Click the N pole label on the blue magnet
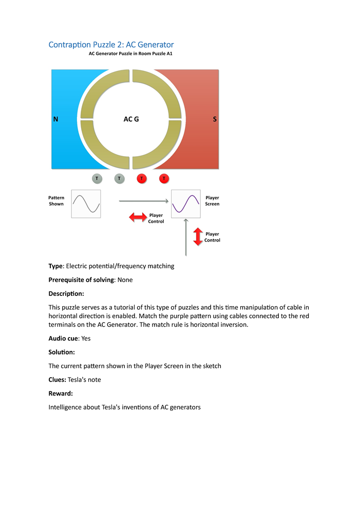point(55,119)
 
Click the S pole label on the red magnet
point(215,119)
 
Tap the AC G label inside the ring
point(131,119)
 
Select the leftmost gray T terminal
point(97,179)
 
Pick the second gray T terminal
point(119,179)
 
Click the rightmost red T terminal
point(164,179)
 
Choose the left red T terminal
point(142,179)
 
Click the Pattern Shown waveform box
point(86,204)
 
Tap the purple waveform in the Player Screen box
point(185,204)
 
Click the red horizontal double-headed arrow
point(138,217)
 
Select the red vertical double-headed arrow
point(198,236)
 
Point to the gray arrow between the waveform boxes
point(144,201)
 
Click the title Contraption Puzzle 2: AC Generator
point(111,45)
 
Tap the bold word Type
point(55,266)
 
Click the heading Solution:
point(62,352)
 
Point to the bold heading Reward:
point(61,393)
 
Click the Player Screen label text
point(212,201)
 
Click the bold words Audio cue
point(63,339)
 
